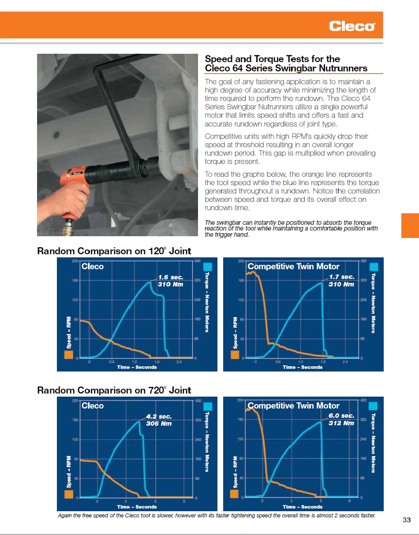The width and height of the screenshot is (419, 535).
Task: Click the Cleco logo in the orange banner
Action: click(352, 26)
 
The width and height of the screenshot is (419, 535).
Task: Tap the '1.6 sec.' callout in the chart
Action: click(170, 277)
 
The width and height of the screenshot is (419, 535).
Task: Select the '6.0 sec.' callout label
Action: click(341, 416)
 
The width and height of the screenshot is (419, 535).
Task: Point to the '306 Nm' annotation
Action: click(159, 424)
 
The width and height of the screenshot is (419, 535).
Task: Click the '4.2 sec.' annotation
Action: click(159, 416)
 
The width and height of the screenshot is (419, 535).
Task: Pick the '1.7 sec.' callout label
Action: click(341, 277)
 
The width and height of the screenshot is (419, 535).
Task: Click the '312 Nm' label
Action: click(341, 423)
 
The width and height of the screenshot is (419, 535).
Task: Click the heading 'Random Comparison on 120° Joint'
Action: click(114, 251)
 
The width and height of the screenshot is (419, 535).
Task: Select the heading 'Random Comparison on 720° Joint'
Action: click(114, 390)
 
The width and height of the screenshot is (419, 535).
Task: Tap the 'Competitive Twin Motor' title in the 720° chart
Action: click(293, 406)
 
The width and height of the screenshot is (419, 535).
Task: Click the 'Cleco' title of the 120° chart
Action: click(93, 267)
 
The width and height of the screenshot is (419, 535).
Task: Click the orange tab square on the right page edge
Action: click(410, 226)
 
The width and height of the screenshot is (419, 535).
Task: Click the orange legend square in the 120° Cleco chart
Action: click(68, 355)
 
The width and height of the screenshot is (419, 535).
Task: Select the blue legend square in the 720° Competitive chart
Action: click(374, 406)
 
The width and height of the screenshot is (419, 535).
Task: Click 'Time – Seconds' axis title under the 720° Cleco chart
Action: click(137, 507)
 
